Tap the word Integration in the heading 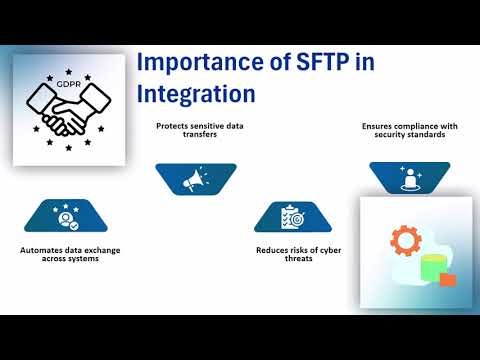[x=195, y=95]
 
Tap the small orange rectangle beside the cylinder [x=447, y=280]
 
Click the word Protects [x=172, y=127]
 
